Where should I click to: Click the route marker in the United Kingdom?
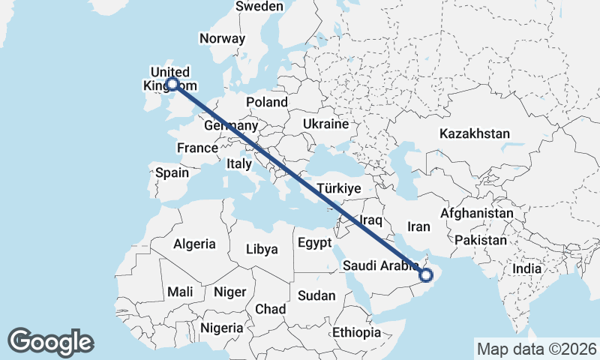click(x=172, y=84)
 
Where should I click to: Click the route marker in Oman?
click(x=426, y=275)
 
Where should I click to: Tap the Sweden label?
click(x=259, y=7)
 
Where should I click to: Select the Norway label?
click(x=222, y=39)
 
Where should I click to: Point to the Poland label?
click(x=266, y=102)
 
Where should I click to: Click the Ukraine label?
click(x=325, y=124)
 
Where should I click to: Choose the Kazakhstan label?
click(x=475, y=134)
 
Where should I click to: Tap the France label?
click(x=197, y=148)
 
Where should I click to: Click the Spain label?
click(x=172, y=172)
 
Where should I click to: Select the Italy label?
click(x=239, y=163)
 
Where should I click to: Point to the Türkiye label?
click(x=339, y=188)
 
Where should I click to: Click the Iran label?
click(x=418, y=226)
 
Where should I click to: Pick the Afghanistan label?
click(x=477, y=214)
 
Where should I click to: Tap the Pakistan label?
click(x=481, y=241)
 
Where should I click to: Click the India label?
click(x=526, y=268)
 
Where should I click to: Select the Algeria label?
click(x=194, y=244)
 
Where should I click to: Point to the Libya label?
click(x=262, y=249)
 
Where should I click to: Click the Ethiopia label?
click(x=358, y=332)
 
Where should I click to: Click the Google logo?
click(x=50, y=342)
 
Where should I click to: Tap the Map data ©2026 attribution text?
click(x=537, y=349)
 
